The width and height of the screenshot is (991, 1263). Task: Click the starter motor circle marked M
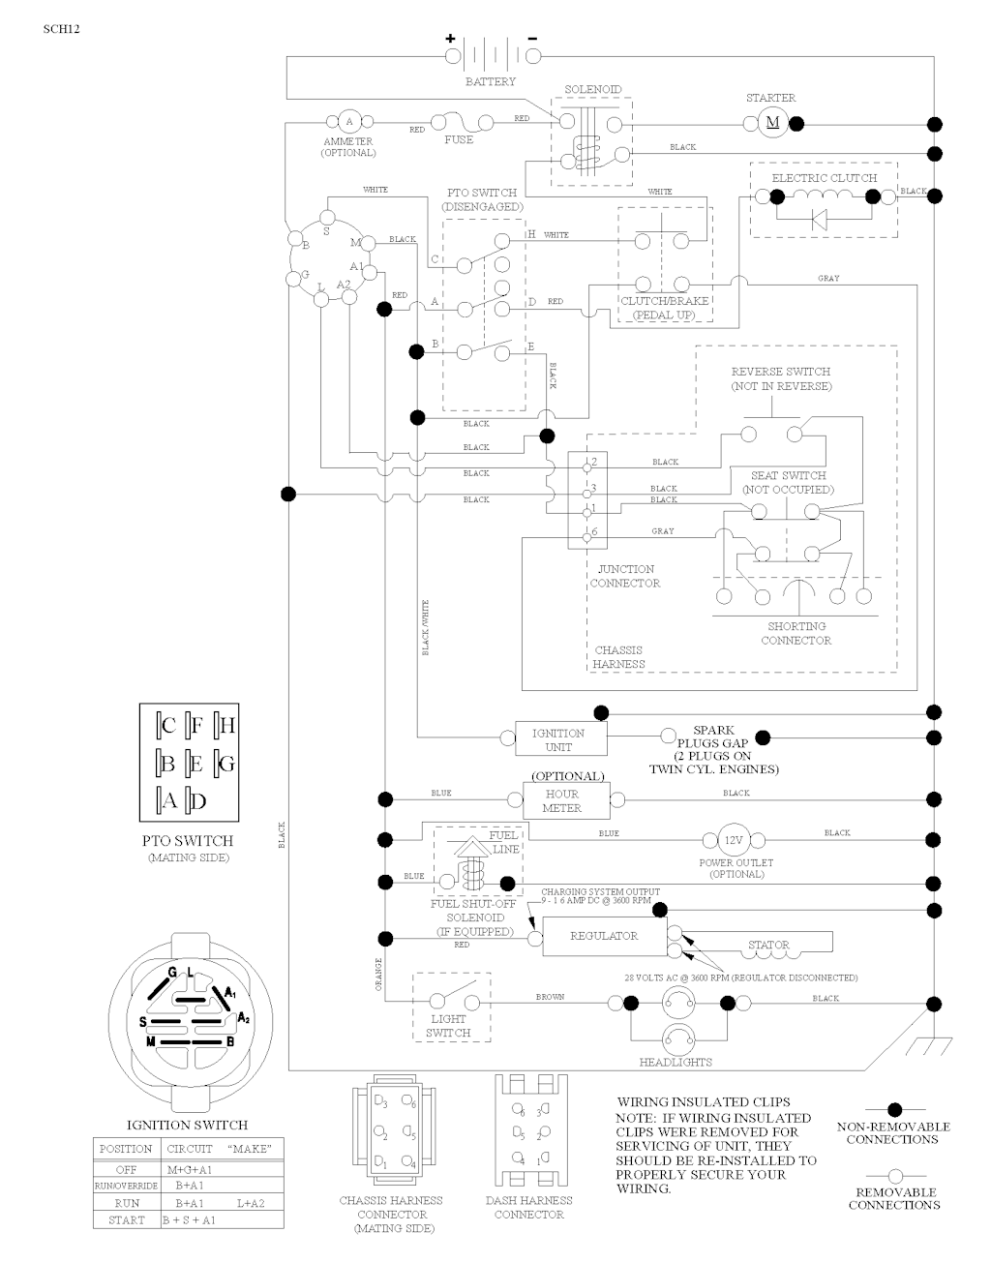pyautogui.click(x=772, y=122)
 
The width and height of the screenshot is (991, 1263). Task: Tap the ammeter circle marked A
pyautogui.click(x=349, y=122)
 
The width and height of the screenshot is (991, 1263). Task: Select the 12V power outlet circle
pyautogui.click(x=733, y=839)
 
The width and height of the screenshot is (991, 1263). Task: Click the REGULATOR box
pyautogui.click(x=604, y=937)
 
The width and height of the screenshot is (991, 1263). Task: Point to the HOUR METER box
pyautogui.click(x=561, y=801)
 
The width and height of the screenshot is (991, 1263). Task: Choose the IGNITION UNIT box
pyautogui.click(x=558, y=740)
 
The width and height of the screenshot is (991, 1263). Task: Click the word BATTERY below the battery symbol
pyautogui.click(x=491, y=82)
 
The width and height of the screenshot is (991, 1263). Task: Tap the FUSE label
pyautogui.click(x=459, y=140)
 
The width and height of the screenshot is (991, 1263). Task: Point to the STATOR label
pyautogui.click(x=769, y=945)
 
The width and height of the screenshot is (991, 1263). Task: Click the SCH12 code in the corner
pyautogui.click(x=61, y=29)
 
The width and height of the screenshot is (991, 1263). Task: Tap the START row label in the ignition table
pyautogui.click(x=126, y=1220)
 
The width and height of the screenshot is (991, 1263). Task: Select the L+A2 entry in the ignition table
pyautogui.click(x=250, y=1203)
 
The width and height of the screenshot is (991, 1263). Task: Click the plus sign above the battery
pyautogui.click(x=451, y=39)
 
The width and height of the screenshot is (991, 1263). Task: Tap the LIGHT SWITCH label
pyautogui.click(x=449, y=1026)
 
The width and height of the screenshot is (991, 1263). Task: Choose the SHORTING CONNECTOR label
pyautogui.click(x=796, y=633)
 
